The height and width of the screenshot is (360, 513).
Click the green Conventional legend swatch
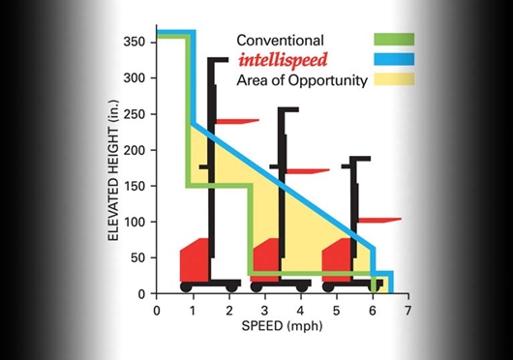[x=394, y=40]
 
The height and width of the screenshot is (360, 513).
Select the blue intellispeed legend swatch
[x=394, y=60]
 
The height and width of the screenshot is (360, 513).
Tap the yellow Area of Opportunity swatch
[x=394, y=80]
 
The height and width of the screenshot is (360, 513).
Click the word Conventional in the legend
[x=280, y=41]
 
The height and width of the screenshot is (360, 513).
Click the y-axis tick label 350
[x=134, y=43]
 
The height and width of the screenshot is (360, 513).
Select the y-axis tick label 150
[x=134, y=186]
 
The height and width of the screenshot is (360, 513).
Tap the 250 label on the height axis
[x=134, y=114]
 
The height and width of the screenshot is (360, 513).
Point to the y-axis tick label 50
[x=137, y=257]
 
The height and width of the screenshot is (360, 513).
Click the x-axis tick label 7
[x=408, y=311]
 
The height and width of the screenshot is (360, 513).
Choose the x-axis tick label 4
[x=301, y=311]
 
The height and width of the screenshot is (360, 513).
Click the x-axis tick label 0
[x=157, y=311]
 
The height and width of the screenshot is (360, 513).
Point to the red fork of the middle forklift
[x=308, y=171]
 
